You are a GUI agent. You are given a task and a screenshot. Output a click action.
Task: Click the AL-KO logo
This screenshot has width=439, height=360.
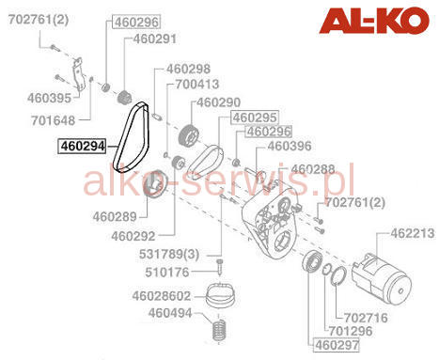[x=374, y=21]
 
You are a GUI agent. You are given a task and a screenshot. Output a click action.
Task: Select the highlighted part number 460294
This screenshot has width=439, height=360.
[x=83, y=147]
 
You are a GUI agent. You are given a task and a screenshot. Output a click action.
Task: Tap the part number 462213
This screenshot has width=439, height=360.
[x=413, y=233]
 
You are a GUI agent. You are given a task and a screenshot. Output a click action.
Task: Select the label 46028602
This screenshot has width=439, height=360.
[x=162, y=296]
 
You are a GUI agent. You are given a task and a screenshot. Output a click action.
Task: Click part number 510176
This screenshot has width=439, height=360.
[x=167, y=273]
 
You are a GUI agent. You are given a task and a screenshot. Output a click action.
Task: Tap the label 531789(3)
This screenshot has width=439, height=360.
[x=169, y=254]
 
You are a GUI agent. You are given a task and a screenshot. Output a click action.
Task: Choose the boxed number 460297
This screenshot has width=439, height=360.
[x=337, y=345]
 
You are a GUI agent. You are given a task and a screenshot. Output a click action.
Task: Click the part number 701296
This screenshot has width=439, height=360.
[x=351, y=331]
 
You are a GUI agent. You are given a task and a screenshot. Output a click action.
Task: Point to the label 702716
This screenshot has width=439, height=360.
[x=366, y=318]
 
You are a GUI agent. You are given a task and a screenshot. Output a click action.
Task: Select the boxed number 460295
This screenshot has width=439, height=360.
[x=255, y=117]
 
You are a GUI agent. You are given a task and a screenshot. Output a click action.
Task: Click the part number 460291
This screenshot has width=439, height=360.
[x=155, y=39]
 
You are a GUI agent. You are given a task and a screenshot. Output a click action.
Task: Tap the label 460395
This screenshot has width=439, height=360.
[x=49, y=98]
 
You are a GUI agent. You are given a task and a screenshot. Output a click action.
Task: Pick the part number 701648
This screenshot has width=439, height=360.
[x=53, y=120]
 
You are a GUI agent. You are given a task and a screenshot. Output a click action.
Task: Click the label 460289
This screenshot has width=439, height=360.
[x=115, y=217]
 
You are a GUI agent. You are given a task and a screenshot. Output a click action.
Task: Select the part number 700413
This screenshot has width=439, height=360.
[x=196, y=85]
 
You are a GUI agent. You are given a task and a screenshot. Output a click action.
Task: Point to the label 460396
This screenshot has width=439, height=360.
[x=290, y=146]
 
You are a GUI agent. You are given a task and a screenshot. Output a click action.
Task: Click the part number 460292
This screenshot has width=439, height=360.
[x=133, y=236]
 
